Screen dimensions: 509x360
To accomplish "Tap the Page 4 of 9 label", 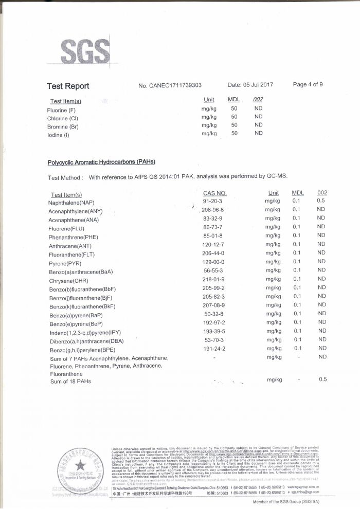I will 308,85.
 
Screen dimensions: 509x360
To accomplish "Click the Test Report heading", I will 68,86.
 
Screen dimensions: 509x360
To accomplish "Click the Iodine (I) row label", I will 58,135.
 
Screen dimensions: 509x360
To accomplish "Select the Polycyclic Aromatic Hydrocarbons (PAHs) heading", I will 101,162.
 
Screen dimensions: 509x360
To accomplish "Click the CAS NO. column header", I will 214,193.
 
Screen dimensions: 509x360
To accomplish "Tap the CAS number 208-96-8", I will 213,210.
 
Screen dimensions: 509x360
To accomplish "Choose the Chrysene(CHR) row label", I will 68,281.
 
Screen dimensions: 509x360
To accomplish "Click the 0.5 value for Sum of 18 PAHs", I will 322,379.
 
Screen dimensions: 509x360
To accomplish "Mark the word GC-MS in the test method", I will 276,176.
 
